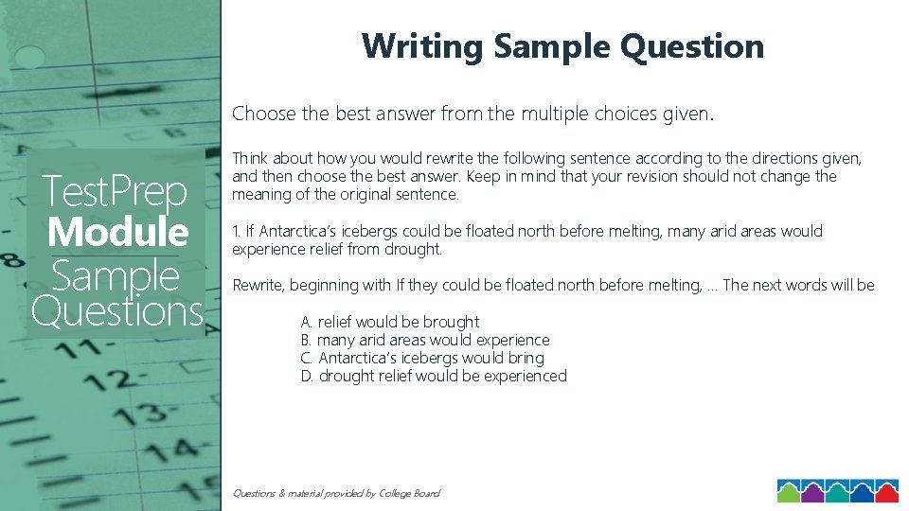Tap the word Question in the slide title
click(x=696, y=46)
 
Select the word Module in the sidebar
click(x=117, y=232)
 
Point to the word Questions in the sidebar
click(x=117, y=310)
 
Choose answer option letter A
click(x=306, y=322)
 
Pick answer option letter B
click(x=306, y=340)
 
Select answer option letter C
click(x=306, y=358)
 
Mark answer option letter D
click(x=306, y=376)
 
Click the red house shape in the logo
click(x=885, y=491)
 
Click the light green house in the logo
click(x=790, y=491)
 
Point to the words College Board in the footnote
click(x=410, y=493)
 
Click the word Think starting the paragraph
click(x=251, y=158)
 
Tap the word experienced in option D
click(x=525, y=376)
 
